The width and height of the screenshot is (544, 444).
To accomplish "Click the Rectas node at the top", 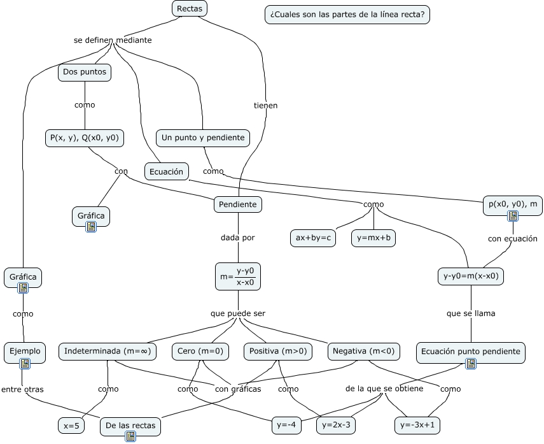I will click(x=190, y=8).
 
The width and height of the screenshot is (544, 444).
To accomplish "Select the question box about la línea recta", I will click(x=347, y=15).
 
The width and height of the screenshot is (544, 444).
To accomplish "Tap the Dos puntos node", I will click(x=85, y=73).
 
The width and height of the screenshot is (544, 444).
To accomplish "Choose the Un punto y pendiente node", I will click(x=203, y=138).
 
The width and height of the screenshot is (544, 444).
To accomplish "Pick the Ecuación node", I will click(x=167, y=171).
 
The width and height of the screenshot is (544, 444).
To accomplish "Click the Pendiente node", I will click(x=238, y=204).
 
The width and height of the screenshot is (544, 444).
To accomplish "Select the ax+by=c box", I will click(x=313, y=238).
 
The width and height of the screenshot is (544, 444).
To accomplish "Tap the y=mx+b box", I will click(x=373, y=238).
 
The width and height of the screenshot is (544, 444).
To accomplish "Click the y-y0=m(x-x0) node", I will click(x=471, y=276).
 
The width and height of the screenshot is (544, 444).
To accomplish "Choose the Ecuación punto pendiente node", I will click(x=471, y=352).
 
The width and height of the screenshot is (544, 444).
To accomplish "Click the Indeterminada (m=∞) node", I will click(x=108, y=351).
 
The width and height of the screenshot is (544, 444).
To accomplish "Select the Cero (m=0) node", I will click(x=200, y=351).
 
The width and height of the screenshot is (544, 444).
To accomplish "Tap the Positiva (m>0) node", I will click(x=278, y=351).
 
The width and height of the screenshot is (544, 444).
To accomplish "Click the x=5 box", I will click(x=71, y=426).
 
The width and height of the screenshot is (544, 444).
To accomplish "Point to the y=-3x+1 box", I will click(x=418, y=425).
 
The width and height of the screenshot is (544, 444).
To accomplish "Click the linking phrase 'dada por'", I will click(x=238, y=238).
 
